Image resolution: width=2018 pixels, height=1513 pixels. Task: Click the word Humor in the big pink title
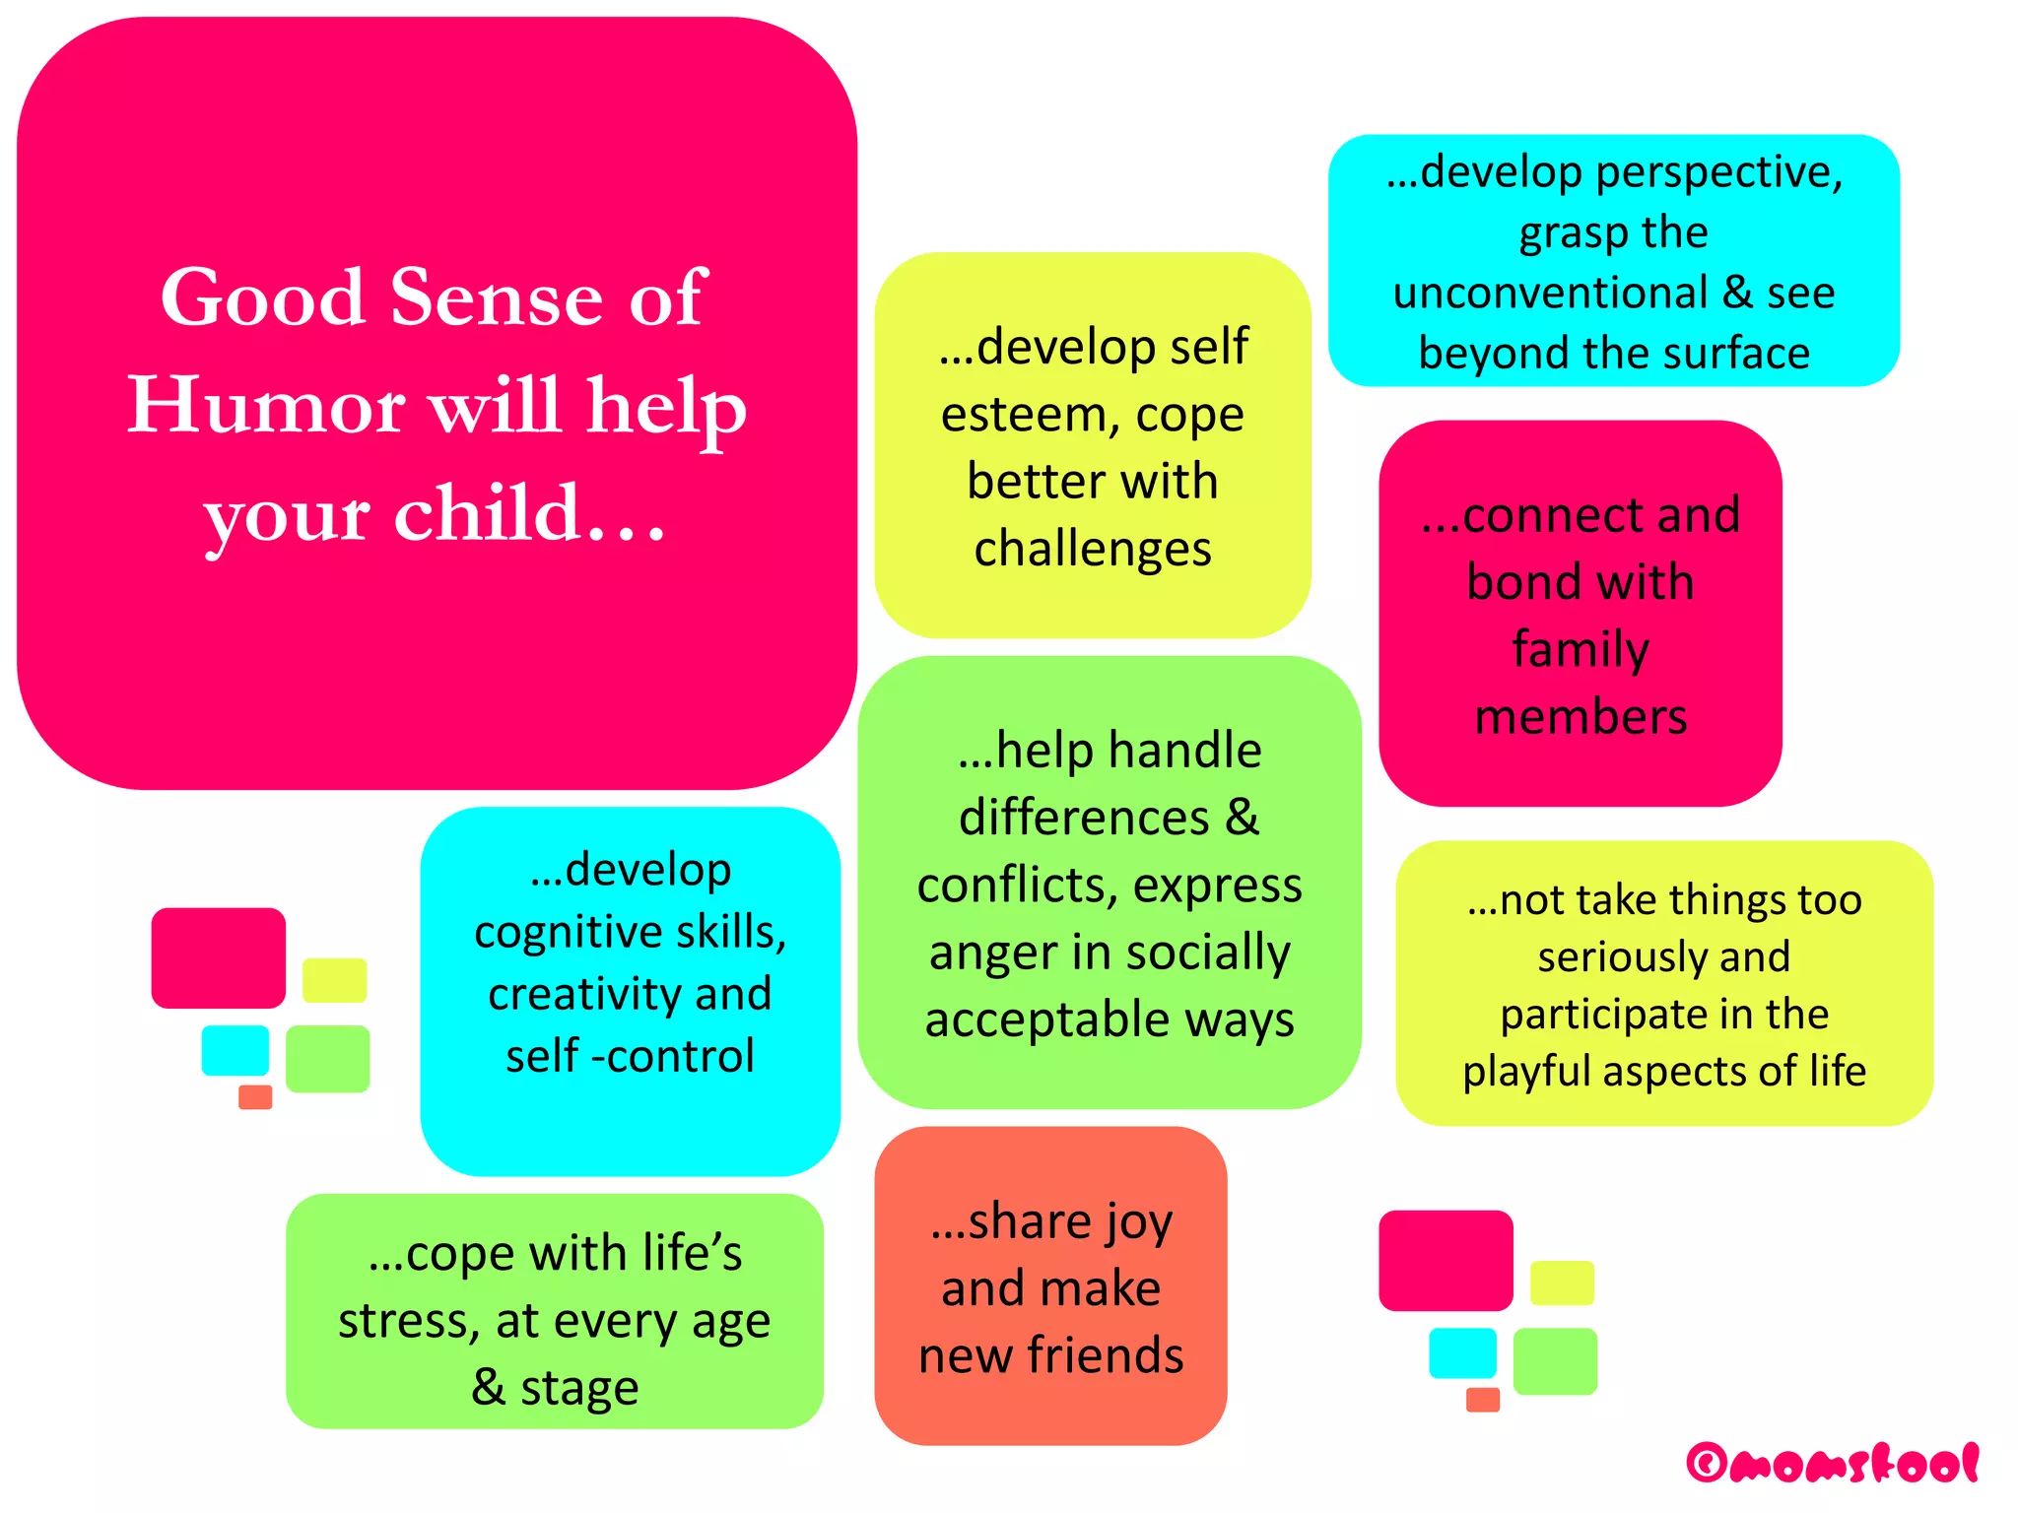click(266, 406)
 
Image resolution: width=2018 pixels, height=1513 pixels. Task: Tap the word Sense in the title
click(496, 297)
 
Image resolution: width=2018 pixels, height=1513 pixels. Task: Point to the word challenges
click(1093, 549)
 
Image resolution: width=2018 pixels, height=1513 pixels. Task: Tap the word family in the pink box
click(1581, 649)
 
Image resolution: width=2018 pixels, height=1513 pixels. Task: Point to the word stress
click(407, 1321)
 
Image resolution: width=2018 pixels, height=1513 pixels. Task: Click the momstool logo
click(1833, 1464)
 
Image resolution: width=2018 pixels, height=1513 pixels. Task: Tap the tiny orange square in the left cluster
click(255, 1097)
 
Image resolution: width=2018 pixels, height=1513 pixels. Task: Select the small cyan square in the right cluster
click(1462, 1352)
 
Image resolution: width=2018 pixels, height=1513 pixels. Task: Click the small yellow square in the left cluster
click(334, 980)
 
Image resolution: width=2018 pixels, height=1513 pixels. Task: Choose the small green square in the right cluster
click(1555, 1361)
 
